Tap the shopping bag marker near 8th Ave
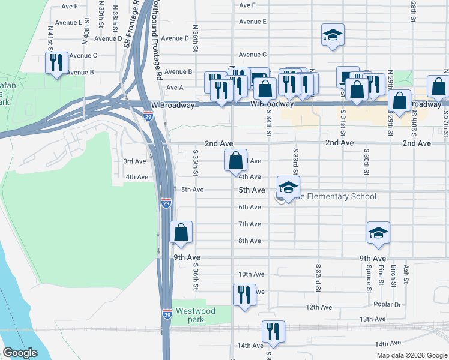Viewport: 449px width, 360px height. [x=181, y=233]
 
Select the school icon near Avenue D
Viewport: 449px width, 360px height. [x=332, y=35]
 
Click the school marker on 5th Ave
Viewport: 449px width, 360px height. [x=288, y=187]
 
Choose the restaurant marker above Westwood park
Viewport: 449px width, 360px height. [x=244, y=295]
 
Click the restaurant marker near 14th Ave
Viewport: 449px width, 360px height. [x=273, y=332]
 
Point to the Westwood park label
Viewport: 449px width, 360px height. [x=196, y=315]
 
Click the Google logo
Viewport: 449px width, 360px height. [x=20, y=353]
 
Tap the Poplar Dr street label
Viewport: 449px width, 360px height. [x=387, y=304]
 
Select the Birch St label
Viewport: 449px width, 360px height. [x=394, y=274]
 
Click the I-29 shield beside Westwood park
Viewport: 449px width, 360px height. [x=167, y=313]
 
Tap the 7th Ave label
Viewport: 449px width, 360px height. [x=250, y=224]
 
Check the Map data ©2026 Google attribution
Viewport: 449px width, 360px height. [x=411, y=355]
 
